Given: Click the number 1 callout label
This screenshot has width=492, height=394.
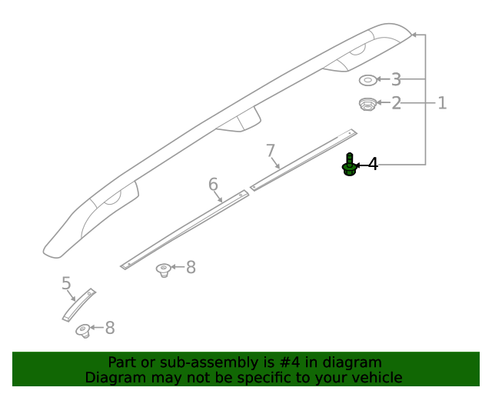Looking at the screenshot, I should [x=442, y=102].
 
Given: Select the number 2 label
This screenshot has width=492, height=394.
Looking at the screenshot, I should [x=396, y=102].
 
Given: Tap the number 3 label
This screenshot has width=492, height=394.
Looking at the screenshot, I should [x=396, y=79].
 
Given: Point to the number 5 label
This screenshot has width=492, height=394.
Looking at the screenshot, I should [x=66, y=284].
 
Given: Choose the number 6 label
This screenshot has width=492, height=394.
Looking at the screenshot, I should [x=213, y=184].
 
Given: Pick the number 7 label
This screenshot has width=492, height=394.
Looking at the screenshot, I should [x=270, y=150].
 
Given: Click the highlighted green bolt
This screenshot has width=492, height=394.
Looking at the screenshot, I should [x=349, y=165].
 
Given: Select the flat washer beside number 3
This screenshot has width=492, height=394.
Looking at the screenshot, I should [x=367, y=79].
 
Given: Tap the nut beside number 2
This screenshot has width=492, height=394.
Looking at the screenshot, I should [x=367, y=103].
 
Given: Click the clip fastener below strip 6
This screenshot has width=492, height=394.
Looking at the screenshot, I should [x=163, y=269].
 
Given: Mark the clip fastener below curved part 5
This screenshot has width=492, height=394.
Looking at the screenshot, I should [x=82, y=331].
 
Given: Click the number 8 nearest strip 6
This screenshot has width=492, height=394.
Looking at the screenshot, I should [x=191, y=267].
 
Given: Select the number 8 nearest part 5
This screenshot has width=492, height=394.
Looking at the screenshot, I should [x=109, y=328].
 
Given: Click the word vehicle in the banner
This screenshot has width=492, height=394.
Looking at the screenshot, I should [x=375, y=378].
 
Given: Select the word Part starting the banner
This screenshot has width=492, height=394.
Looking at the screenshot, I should [x=123, y=362].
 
